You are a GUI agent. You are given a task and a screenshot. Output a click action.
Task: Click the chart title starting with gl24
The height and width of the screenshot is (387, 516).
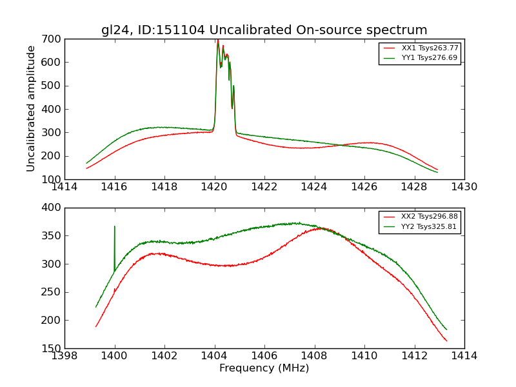coord(264,30)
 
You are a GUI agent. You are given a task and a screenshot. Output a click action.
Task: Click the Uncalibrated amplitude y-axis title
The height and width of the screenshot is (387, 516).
coord(31,108)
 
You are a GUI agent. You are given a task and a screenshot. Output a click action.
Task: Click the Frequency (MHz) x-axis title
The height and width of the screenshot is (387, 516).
coord(264,368)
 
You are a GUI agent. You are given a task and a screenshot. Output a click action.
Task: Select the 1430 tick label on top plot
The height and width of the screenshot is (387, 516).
coord(464,187)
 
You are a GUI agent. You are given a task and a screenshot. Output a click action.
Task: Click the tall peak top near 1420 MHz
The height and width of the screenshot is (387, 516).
coord(217,41)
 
